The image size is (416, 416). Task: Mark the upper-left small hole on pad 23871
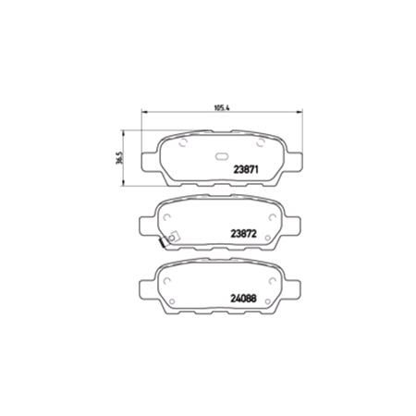pyautogui.click(x=183, y=144)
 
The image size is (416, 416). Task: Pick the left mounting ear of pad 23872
pyautogui.click(x=147, y=225)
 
